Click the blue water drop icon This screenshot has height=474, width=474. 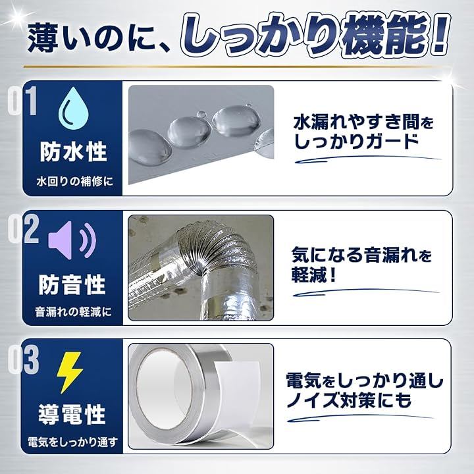(74, 108)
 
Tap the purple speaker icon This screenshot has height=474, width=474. (72, 240)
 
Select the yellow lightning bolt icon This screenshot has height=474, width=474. (70, 373)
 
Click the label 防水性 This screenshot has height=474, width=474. (74, 152)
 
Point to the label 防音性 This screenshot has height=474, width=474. (72, 284)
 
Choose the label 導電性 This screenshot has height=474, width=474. (72, 415)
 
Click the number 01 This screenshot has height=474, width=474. (22, 101)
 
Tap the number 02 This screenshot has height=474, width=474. (23, 229)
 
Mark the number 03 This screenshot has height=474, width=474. (23, 359)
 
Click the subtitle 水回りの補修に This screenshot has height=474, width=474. (74, 182)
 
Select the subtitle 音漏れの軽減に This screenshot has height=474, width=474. (73, 312)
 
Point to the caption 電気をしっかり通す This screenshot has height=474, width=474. (72, 442)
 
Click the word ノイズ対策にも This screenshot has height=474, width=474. (349, 400)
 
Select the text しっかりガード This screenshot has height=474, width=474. (357, 142)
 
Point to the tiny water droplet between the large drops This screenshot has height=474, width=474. (201, 115)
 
